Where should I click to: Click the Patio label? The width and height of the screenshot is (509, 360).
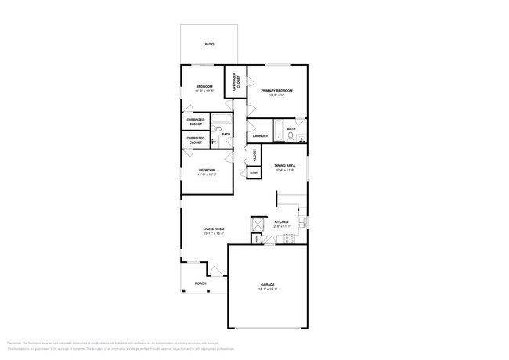209,45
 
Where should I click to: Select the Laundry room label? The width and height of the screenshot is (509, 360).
261,136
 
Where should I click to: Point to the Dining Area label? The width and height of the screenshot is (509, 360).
284,165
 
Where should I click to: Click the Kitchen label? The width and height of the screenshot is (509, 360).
282,221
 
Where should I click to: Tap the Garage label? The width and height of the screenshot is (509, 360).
268,284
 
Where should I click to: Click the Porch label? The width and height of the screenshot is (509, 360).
200,283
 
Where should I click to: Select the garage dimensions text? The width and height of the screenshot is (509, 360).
268,289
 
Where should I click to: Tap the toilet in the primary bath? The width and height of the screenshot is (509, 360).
290,138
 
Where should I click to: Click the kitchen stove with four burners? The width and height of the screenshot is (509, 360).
287,236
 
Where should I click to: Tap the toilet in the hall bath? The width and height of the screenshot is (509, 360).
213,141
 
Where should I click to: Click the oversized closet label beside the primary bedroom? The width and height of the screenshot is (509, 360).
236,83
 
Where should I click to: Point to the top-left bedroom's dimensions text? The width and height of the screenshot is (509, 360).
204,91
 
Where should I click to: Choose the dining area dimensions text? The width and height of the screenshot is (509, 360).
284,170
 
